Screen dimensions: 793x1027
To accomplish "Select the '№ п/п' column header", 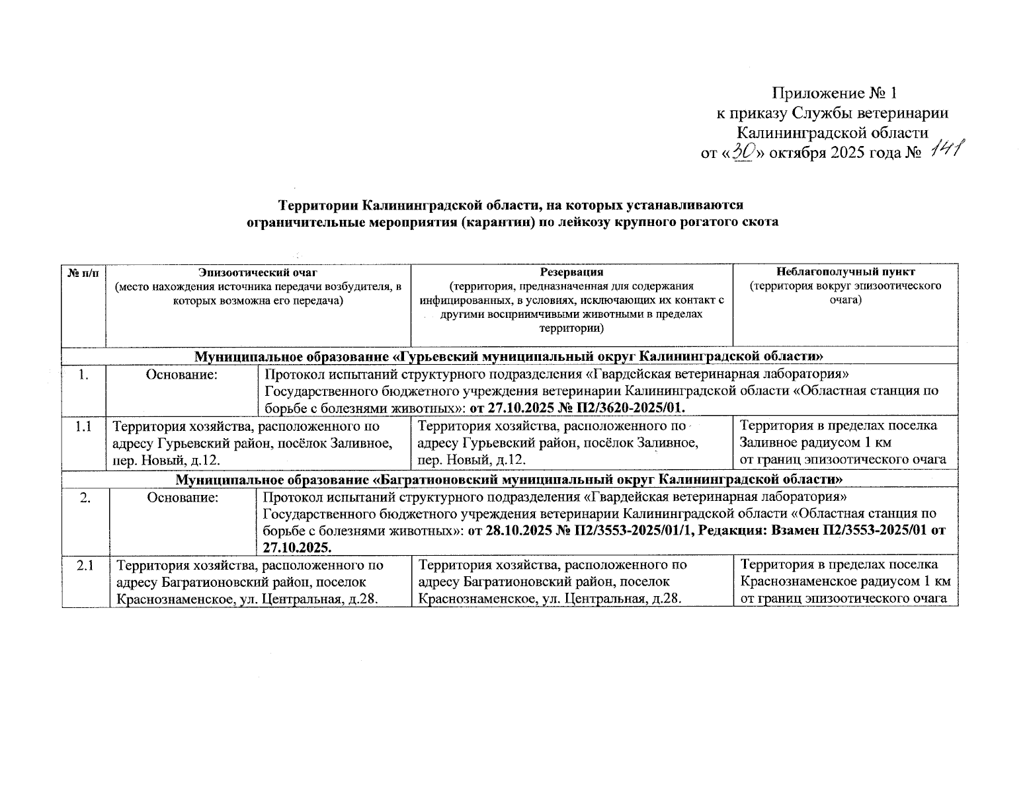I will pyautogui.click(x=84, y=272).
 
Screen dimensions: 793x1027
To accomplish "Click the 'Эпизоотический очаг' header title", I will pyautogui.click(x=259, y=272).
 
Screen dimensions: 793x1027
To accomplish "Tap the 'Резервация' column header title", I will pyautogui.click(x=571, y=272).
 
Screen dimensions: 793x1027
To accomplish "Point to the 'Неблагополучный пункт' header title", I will pyautogui.click(x=846, y=272).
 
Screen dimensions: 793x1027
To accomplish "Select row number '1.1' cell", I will pyautogui.click(x=83, y=426).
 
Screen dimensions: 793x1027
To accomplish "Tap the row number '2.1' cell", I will pyautogui.click(x=85, y=566).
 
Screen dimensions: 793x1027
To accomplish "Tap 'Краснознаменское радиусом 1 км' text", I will pyautogui.click(x=846, y=582).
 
